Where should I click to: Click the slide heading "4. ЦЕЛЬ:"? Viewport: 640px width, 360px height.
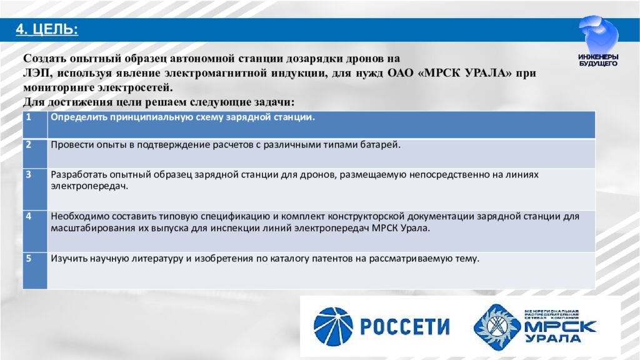47,29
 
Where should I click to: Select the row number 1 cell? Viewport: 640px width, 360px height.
34,124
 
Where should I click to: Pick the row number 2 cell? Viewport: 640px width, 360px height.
34,152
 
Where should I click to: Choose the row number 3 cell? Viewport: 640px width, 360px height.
34,188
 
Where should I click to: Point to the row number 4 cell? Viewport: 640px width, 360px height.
34,231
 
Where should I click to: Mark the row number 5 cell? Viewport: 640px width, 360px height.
34,269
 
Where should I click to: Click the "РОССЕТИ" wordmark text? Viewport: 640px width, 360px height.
404,327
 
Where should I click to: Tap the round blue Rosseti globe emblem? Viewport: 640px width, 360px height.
333,327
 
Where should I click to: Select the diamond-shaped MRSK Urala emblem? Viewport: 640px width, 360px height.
497,327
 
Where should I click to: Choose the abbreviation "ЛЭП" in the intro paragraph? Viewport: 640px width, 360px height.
33,73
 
